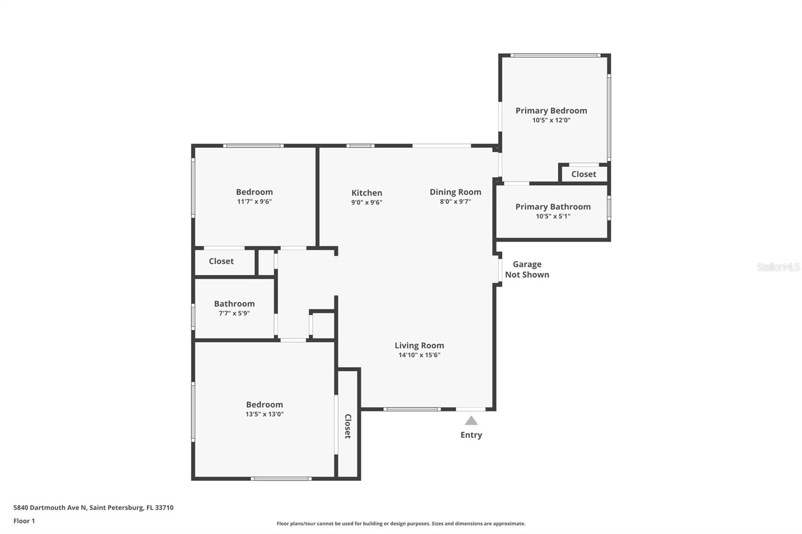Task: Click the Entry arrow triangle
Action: pos(471,421)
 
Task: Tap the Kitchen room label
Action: pos(366,193)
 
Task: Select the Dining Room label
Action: pos(456,192)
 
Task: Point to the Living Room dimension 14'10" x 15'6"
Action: pos(419,355)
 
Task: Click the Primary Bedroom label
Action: pos(551,111)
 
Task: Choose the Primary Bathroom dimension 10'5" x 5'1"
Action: pos(553,216)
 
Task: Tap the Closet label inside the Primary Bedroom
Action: pos(583,174)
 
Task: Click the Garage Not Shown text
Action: pos(527,270)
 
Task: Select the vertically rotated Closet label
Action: pos(348,426)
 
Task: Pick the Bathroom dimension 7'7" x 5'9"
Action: pos(234,314)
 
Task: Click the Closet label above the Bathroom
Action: pos(221,261)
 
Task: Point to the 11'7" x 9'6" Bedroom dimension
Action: pos(254,201)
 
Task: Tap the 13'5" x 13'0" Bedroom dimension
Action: pos(264,414)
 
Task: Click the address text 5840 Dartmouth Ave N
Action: pos(50,507)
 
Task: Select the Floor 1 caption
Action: pos(24,521)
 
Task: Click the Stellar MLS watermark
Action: pos(778,266)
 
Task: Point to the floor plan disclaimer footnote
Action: pos(400,523)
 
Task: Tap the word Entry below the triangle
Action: pos(471,435)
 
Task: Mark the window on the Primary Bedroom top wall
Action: pos(555,56)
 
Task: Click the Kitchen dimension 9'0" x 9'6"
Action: pos(366,202)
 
